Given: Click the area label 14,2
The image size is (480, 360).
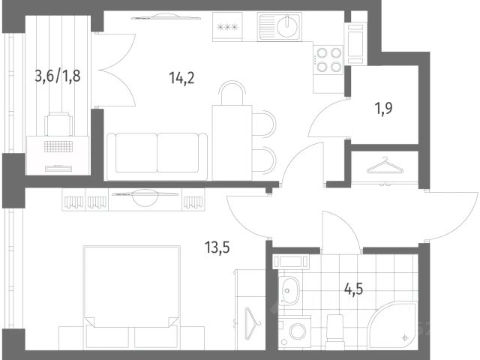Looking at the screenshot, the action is (x=181, y=78).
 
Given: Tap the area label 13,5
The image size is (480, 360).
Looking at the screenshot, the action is (x=217, y=247).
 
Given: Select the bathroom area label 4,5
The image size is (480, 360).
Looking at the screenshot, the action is (x=353, y=288).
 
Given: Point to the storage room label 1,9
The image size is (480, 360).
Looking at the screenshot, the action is (x=383, y=108).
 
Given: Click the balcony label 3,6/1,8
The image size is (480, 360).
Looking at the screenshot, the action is (x=58, y=76).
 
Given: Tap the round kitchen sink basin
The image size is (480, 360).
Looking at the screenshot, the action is (x=286, y=26).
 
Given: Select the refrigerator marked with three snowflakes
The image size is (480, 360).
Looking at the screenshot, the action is (x=227, y=27).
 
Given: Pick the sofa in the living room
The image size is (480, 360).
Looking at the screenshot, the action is (x=157, y=157).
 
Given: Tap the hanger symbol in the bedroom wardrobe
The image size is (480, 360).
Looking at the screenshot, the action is (x=253, y=323).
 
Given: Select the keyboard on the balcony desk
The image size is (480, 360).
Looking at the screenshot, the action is (x=58, y=147).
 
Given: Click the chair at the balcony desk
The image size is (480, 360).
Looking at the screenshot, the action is (x=58, y=124).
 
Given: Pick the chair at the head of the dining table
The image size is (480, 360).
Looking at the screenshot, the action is (x=232, y=93).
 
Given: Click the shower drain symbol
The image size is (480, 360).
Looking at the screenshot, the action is (x=405, y=337).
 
